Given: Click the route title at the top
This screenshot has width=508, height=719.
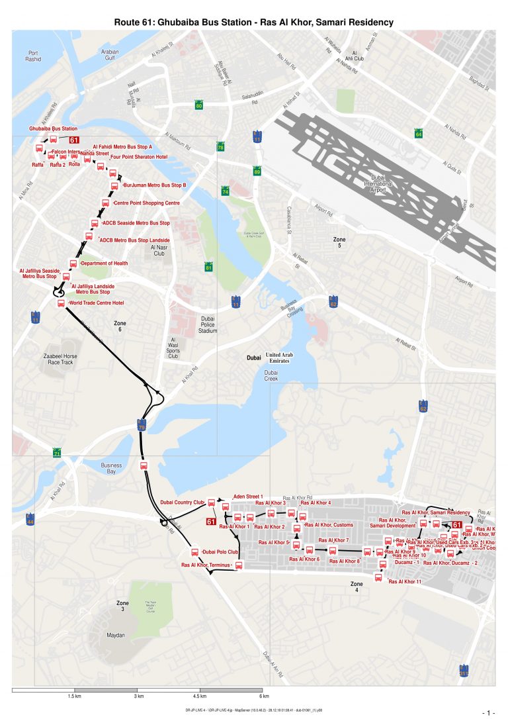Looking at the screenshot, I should click(254, 23).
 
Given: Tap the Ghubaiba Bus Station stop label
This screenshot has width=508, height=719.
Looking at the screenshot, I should click(53, 128).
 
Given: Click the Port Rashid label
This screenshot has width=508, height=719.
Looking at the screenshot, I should click(33, 56).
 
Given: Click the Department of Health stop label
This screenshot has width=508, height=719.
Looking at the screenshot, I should click(104, 264).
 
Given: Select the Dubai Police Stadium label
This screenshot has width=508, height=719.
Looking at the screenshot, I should click(208, 324).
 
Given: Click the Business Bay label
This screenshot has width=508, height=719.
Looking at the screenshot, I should click(111, 468).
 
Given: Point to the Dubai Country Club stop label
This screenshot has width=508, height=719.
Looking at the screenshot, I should click(183, 503).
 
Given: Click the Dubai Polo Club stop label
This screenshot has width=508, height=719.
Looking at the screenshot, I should click(220, 551).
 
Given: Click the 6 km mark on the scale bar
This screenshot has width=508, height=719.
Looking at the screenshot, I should click(264, 696).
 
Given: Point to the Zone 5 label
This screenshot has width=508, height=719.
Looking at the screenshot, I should click(339, 242).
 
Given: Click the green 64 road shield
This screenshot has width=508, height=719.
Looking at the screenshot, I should click(418, 134).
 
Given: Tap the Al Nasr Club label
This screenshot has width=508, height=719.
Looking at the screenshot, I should click(159, 250).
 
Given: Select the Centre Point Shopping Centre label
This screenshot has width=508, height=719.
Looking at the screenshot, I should click(147, 203).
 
